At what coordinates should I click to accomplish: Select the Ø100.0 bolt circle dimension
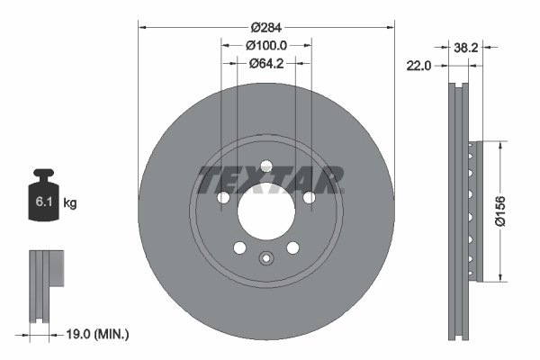(x=266, y=44)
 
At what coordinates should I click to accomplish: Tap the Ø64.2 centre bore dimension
(x=266, y=63)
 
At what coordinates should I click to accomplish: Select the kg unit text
(x=70, y=203)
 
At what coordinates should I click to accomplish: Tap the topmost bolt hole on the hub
(x=265, y=166)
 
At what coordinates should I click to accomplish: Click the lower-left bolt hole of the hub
(x=239, y=247)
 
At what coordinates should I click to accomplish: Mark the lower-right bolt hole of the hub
(x=292, y=247)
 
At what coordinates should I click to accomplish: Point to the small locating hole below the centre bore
(x=265, y=260)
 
